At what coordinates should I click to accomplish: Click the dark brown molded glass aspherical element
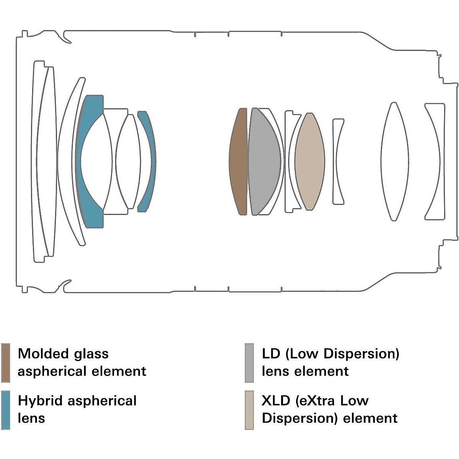pyautogui.click(x=238, y=161)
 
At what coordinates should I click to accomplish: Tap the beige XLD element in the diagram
pyautogui.click(x=310, y=161)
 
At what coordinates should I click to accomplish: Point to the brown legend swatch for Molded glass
pyautogui.click(x=5, y=363)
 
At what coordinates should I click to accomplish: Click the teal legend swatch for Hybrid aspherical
pyautogui.click(x=5, y=410)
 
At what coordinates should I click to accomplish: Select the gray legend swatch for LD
pyautogui.click(x=249, y=363)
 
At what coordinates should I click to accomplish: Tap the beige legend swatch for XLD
pyautogui.click(x=249, y=410)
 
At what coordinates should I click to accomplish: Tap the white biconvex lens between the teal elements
pyautogui.click(x=126, y=161)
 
